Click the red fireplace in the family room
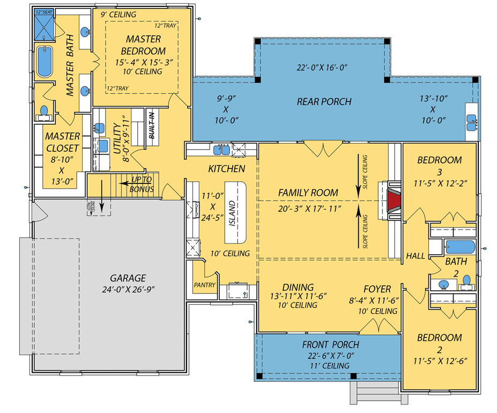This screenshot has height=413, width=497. [x=393, y=201]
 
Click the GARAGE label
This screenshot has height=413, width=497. [x=128, y=278]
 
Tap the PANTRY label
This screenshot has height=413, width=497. [x=204, y=285]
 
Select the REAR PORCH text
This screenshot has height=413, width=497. [x=324, y=101]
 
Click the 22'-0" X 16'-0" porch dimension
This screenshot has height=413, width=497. [x=322, y=68]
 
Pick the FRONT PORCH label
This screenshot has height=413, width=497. [x=330, y=344]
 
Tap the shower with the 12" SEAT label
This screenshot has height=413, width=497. [x=44, y=25]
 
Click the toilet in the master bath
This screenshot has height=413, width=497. [x=44, y=111]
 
